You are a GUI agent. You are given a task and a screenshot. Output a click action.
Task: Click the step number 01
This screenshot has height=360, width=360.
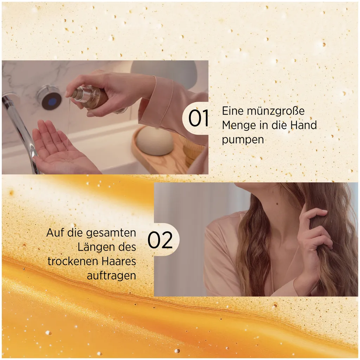(199, 118)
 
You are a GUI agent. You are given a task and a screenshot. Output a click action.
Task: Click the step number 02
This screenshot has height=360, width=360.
(160, 240)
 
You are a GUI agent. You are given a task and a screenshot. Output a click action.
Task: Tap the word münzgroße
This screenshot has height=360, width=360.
(269, 111)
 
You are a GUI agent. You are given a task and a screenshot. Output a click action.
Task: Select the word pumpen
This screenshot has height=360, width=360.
(243, 140)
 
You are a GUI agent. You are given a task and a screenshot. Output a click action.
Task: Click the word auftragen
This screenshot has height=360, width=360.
(111, 276)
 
